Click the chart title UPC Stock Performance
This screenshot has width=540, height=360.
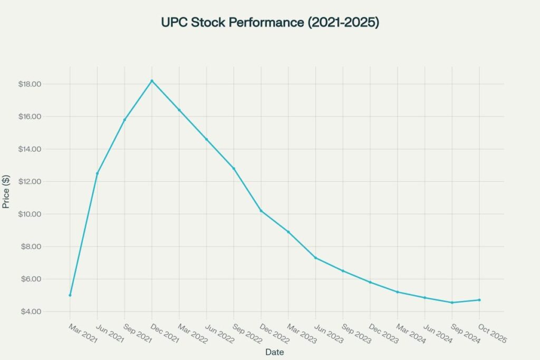pos(270,23)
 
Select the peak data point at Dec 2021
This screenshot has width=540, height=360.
pos(152,81)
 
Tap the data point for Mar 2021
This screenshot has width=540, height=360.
pos(70,295)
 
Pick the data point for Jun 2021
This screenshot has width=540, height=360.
pos(97,173)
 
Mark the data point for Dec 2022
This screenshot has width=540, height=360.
pos(261,211)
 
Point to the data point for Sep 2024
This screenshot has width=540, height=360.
pos(452,303)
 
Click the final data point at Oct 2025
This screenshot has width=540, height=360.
pos(479,300)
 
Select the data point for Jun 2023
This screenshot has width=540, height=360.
pos(315,258)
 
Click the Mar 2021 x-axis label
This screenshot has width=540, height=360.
pos(83,334)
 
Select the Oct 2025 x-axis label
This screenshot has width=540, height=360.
pos(492,334)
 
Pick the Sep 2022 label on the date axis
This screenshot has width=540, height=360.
pos(246,334)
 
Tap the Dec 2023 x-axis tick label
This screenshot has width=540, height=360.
pos(383,334)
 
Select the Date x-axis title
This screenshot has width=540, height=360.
pos(275,351)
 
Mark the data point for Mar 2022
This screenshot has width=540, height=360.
pos(179,110)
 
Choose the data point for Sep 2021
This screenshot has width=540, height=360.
pos(124,120)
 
